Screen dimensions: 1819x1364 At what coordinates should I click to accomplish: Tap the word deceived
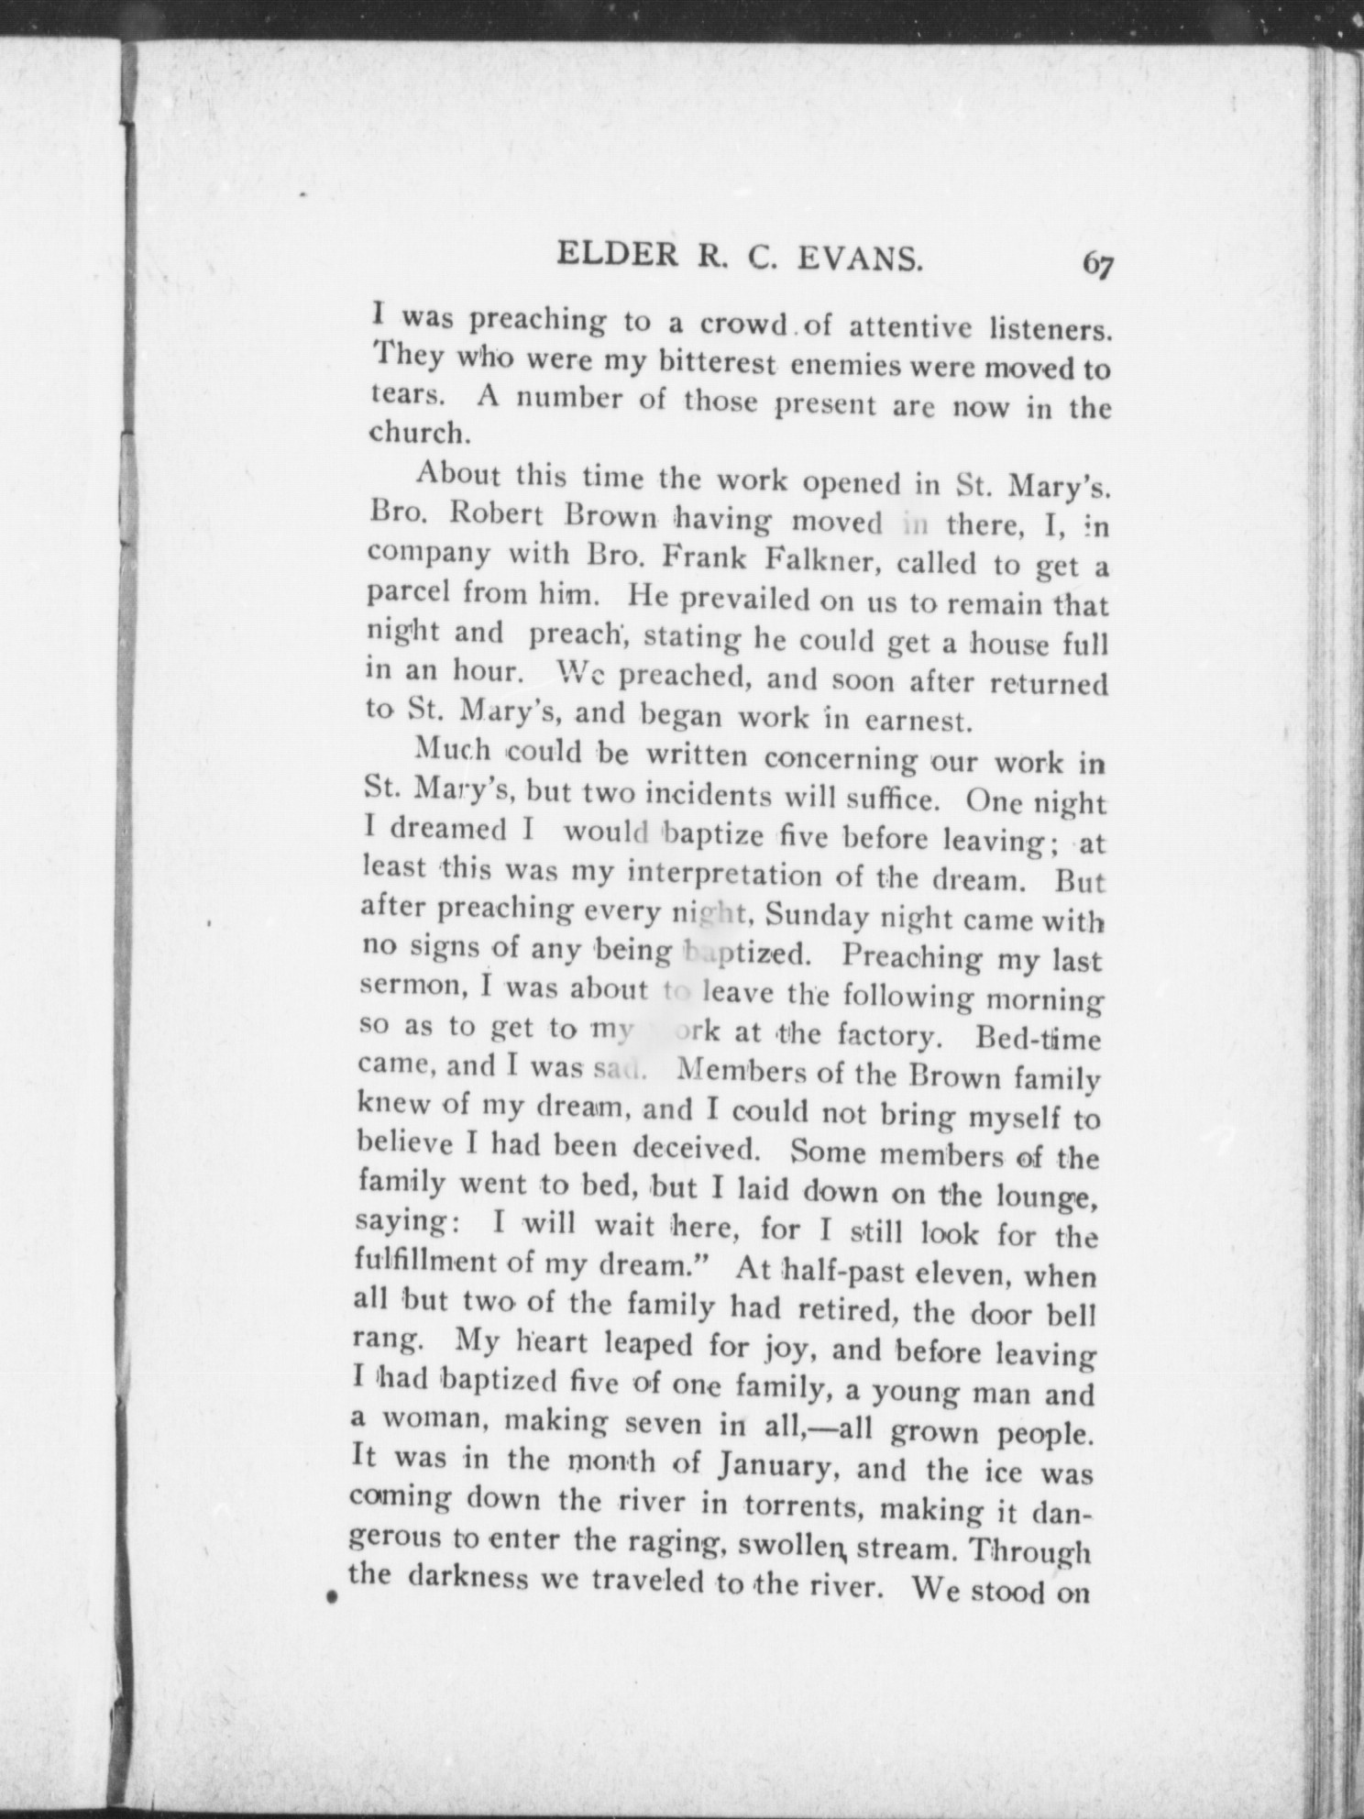click(x=706, y=1148)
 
